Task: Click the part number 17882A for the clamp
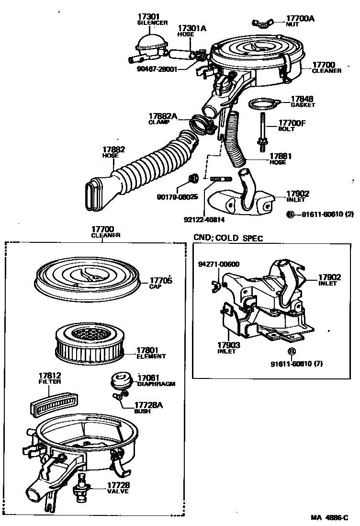163,116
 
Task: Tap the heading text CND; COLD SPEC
228,238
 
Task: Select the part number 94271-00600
219,264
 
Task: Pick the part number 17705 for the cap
160,281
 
